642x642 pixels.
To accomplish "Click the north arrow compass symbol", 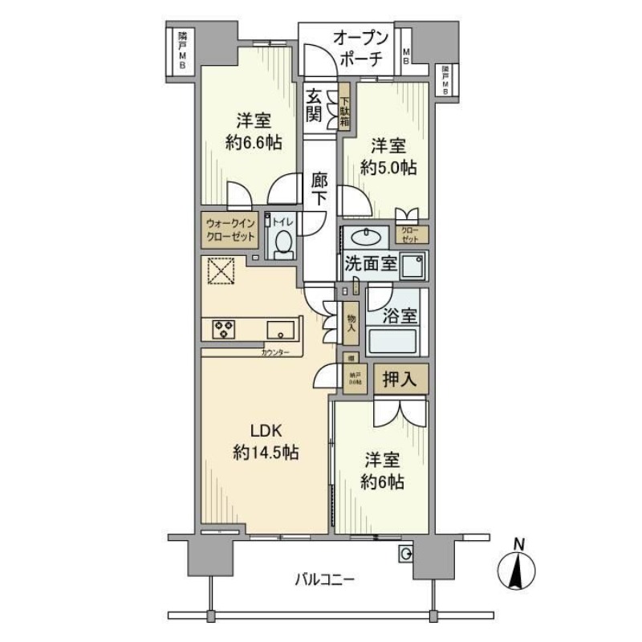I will [519, 571].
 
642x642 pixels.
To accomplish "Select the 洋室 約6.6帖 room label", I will [253, 132].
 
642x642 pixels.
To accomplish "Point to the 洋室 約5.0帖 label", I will [388, 157].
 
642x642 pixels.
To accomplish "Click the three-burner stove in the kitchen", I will [224, 328].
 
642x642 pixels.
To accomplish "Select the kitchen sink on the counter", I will [281, 328].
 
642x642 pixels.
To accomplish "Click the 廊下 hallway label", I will [319, 189].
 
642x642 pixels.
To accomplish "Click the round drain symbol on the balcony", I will [406, 553].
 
